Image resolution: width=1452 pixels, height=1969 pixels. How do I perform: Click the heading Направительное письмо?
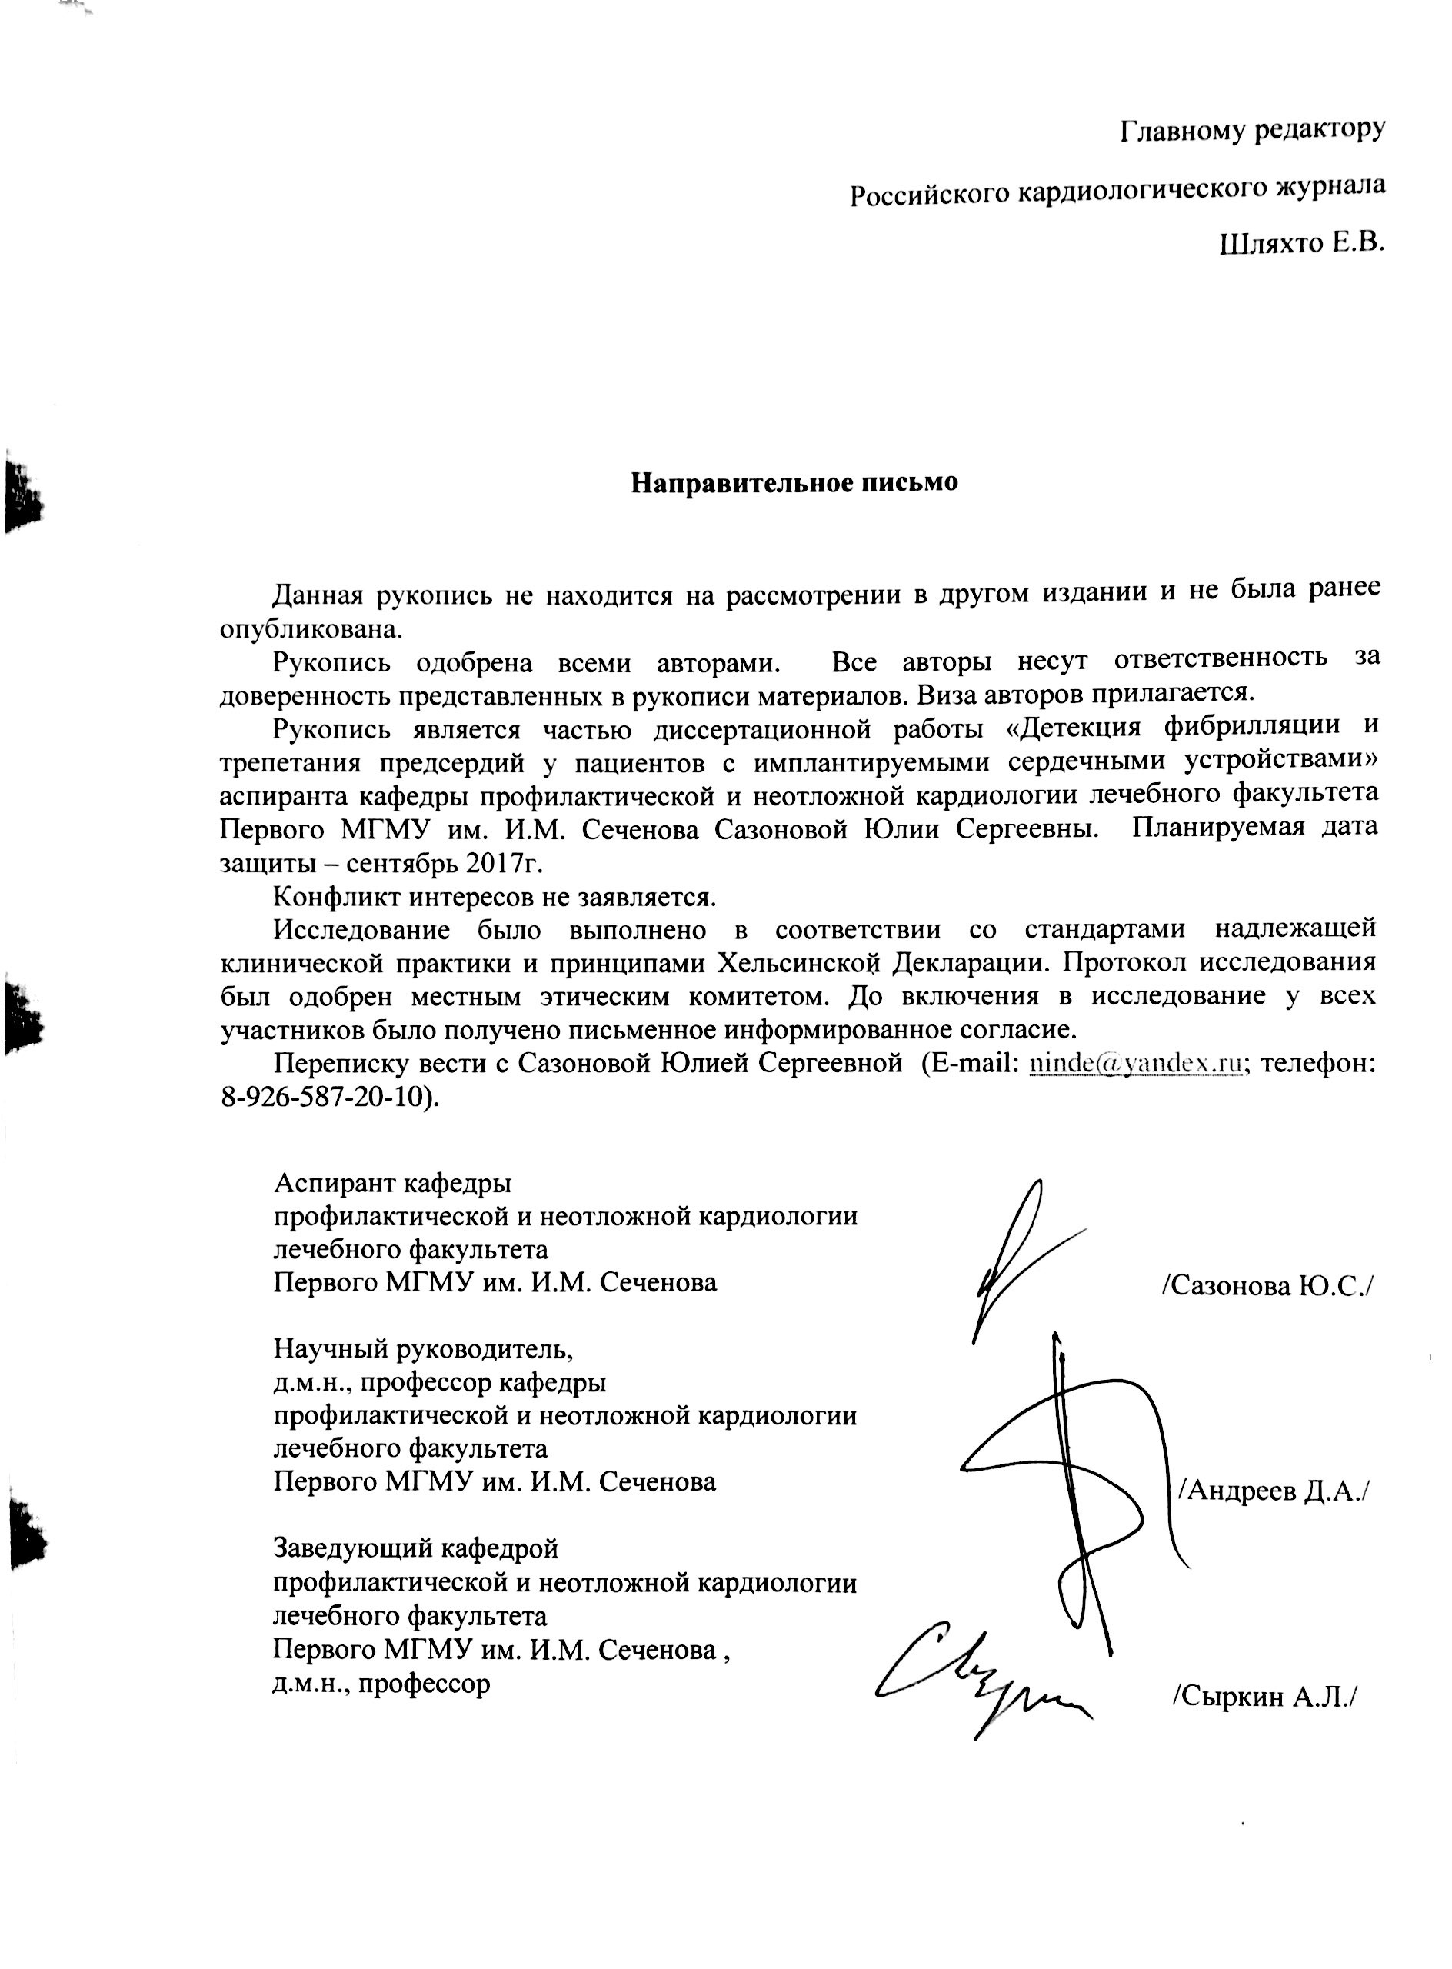(794, 482)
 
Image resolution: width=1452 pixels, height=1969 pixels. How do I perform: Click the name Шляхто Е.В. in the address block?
(1302, 242)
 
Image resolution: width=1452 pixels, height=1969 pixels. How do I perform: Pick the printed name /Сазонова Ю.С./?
(1267, 1286)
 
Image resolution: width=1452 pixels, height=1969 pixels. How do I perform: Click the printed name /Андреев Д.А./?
(1274, 1490)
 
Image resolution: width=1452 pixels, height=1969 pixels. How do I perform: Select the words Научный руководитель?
(424, 1348)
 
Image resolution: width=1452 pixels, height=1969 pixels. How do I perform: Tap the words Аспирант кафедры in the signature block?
(392, 1183)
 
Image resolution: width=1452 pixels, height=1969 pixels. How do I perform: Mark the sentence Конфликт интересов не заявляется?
(495, 897)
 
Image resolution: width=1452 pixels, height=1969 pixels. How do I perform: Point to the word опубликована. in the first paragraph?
(311, 629)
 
